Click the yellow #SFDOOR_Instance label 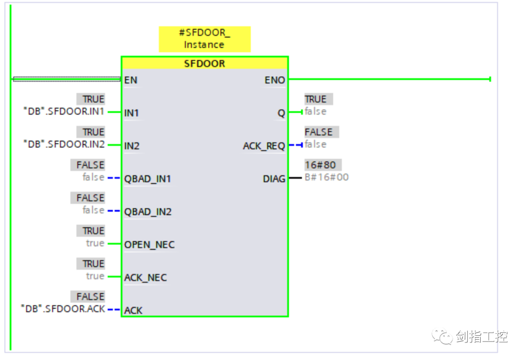pyautogui.click(x=205, y=39)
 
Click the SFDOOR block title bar pyautogui.click(x=205, y=63)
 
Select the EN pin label pyautogui.click(x=131, y=80)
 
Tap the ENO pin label pyautogui.click(x=275, y=80)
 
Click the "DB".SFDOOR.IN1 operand pyautogui.click(x=64, y=111)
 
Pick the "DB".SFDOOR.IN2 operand pyautogui.click(x=64, y=144)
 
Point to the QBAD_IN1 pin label pyautogui.click(x=148, y=179)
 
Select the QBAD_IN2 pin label pyautogui.click(x=148, y=212)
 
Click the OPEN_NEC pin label pyautogui.click(x=149, y=244)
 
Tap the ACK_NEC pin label pyautogui.click(x=145, y=278)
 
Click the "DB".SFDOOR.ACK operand pyautogui.click(x=63, y=309)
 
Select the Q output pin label pyautogui.click(x=281, y=113)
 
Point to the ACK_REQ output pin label pyautogui.click(x=264, y=146)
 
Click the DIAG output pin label pyautogui.click(x=274, y=179)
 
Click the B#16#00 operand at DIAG pyautogui.click(x=327, y=177)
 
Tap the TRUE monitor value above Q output pyautogui.click(x=318, y=99)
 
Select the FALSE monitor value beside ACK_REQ pyautogui.click(x=321, y=132)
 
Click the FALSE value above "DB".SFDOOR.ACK pyautogui.click(x=87, y=296)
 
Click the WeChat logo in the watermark pyautogui.click(x=442, y=336)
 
